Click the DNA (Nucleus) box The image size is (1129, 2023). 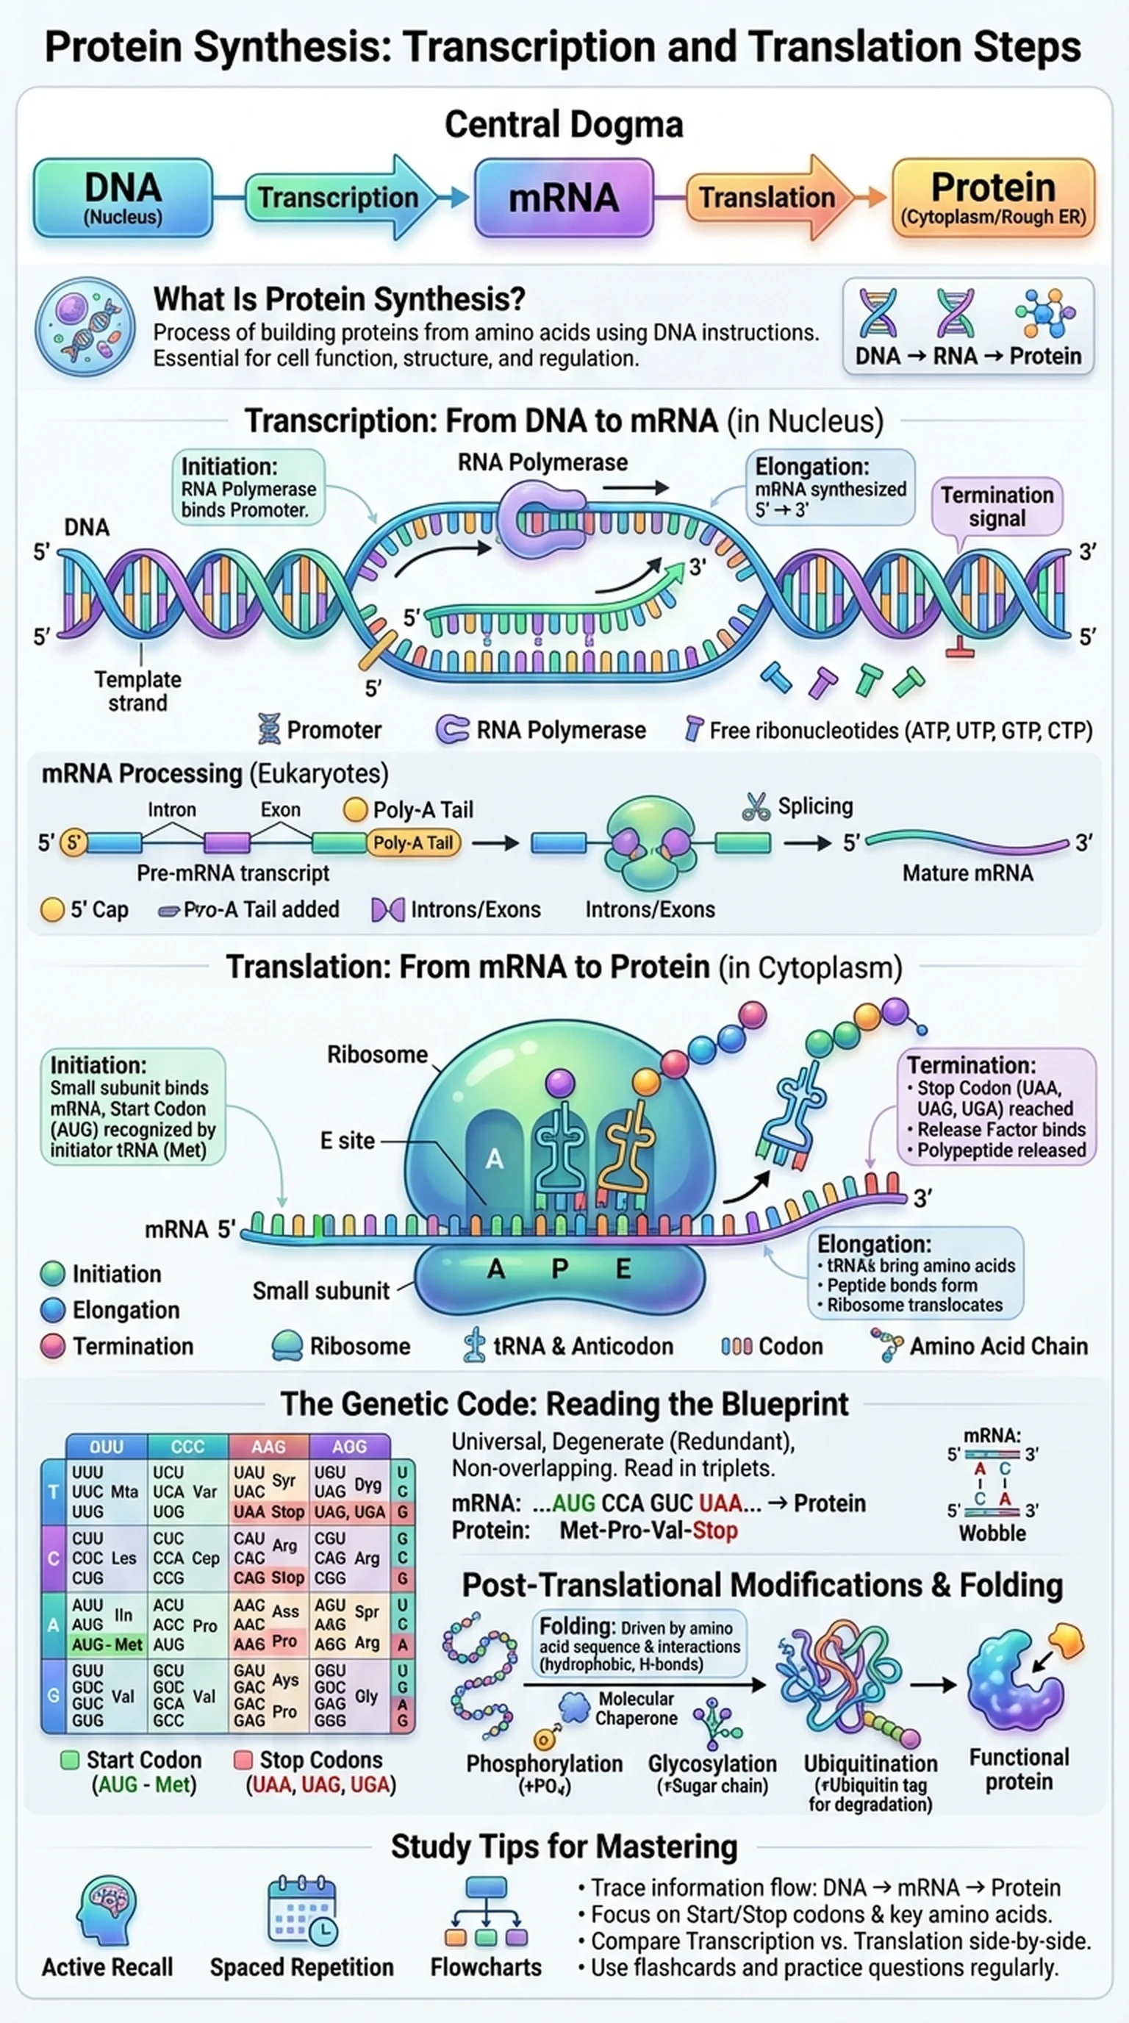click(x=123, y=197)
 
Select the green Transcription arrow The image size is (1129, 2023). click(x=337, y=197)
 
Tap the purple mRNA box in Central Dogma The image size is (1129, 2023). click(x=564, y=197)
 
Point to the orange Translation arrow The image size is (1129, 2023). click(x=768, y=197)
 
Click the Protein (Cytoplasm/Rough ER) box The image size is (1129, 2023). click(x=993, y=197)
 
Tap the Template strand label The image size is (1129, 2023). click(x=137, y=690)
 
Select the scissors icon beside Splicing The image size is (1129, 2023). click(x=756, y=806)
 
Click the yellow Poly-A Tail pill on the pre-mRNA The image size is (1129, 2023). click(x=413, y=842)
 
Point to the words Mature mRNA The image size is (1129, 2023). click(x=967, y=873)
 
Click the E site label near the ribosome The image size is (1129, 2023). click(x=347, y=1140)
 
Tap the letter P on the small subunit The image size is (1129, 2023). click(x=559, y=1268)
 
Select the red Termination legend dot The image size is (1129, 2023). click(x=53, y=1346)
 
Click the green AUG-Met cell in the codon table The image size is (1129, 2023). click(x=107, y=1644)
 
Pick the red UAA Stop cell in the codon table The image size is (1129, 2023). click(x=268, y=1512)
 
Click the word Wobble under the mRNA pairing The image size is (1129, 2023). click(x=992, y=1533)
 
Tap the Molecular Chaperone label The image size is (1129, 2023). click(x=635, y=1708)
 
